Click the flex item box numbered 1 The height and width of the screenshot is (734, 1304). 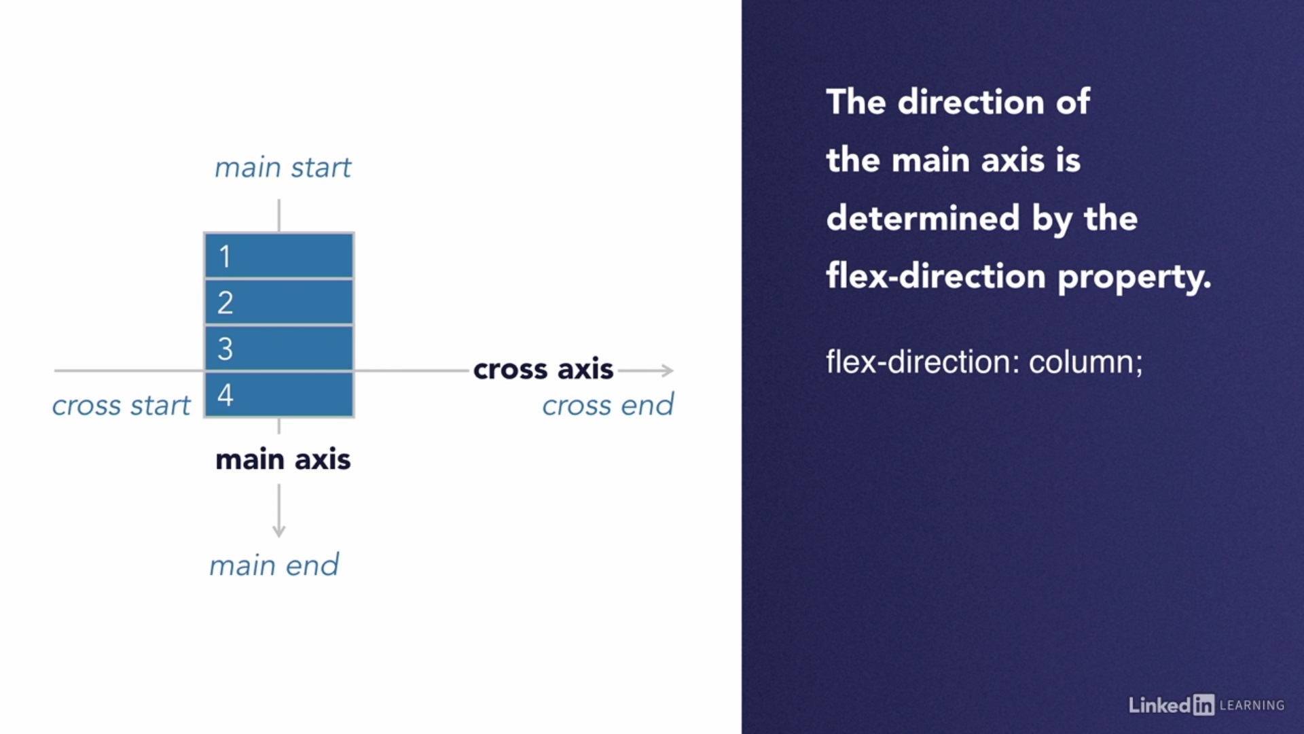pos(279,256)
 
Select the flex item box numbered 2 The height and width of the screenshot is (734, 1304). pos(279,302)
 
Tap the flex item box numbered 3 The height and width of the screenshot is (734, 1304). pos(279,348)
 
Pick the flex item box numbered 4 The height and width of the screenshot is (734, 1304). pos(279,394)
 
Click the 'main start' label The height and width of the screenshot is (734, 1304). pos(283,167)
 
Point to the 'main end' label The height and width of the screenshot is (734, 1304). pos(274,565)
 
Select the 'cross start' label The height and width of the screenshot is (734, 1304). pos(122,406)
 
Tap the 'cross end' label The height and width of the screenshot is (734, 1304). pos(608,405)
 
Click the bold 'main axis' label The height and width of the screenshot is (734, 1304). pos(283,459)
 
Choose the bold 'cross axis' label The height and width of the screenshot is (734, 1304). pos(543,369)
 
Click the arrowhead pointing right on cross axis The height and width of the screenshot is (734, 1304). pos(668,370)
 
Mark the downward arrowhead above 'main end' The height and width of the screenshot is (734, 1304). pos(278,531)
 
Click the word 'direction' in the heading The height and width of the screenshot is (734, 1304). pos(971,102)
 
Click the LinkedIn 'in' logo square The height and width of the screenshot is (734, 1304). pos(1203,705)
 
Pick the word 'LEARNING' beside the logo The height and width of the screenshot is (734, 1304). pos(1252,705)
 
